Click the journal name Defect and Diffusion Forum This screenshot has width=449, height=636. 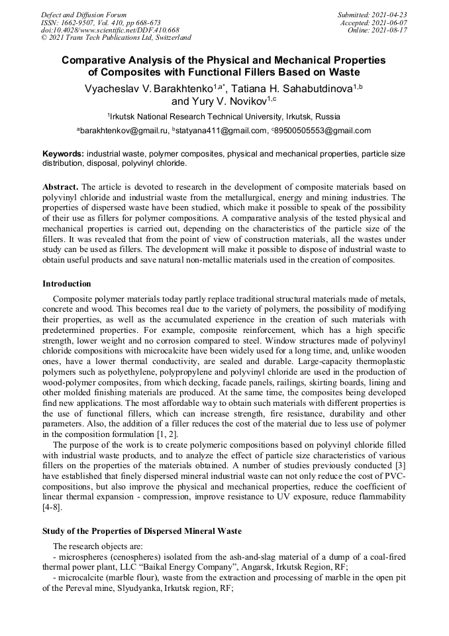[x=83, y=15]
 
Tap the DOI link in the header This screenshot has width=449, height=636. [x=110, y=31]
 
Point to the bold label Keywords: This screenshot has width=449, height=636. [x=63, y=153]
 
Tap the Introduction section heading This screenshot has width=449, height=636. [x=67, y=284]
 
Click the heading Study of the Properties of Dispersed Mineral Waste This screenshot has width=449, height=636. [x=142, y=531]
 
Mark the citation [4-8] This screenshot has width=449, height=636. [x=53, y=507]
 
